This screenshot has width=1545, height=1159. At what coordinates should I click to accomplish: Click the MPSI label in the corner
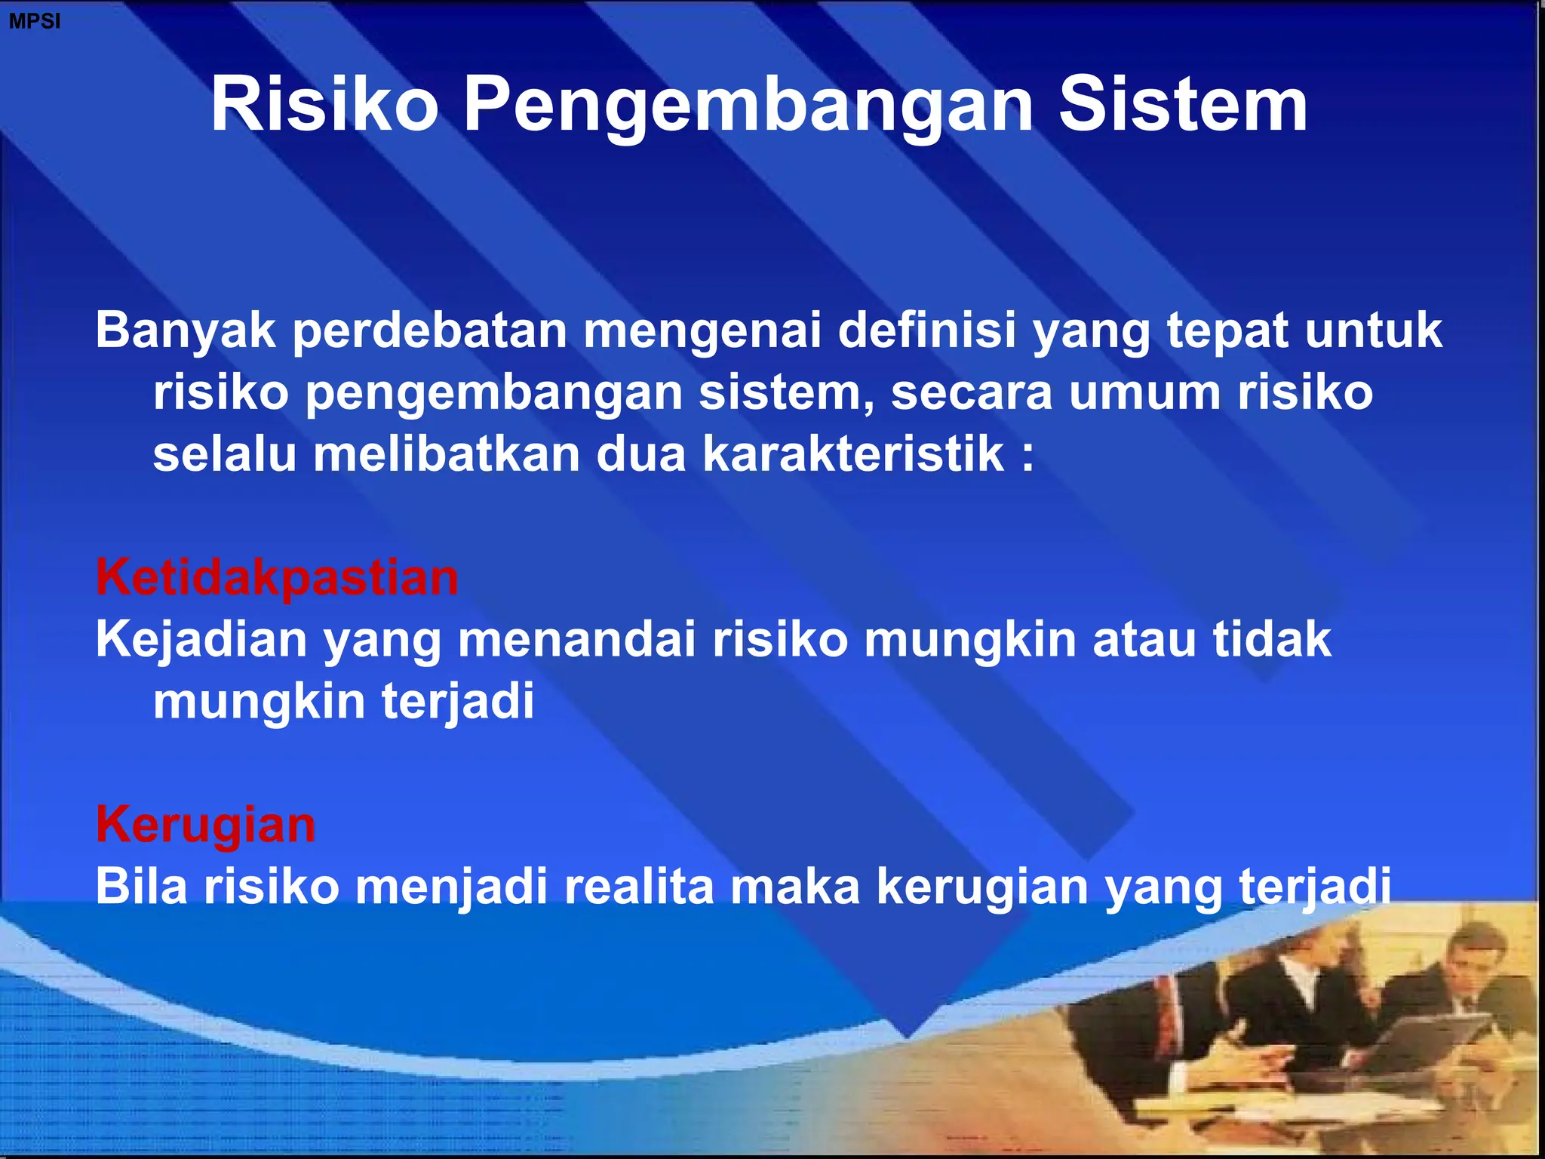pos(34,21)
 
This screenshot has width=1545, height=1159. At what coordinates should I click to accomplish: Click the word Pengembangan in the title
pos(747,106)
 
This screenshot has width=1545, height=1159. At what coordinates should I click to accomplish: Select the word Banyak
pos(186,332)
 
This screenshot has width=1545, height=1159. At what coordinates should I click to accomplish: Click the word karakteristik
pos(853,454)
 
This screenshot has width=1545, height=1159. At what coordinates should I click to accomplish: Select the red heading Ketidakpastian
pos(277,578)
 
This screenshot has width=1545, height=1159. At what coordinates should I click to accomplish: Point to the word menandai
pos(576,640)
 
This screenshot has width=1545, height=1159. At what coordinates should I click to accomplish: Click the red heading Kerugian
pos(205,825)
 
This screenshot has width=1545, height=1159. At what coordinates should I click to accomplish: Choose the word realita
pos(638,886)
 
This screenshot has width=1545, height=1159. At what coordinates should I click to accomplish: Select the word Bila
pos(141,886)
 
